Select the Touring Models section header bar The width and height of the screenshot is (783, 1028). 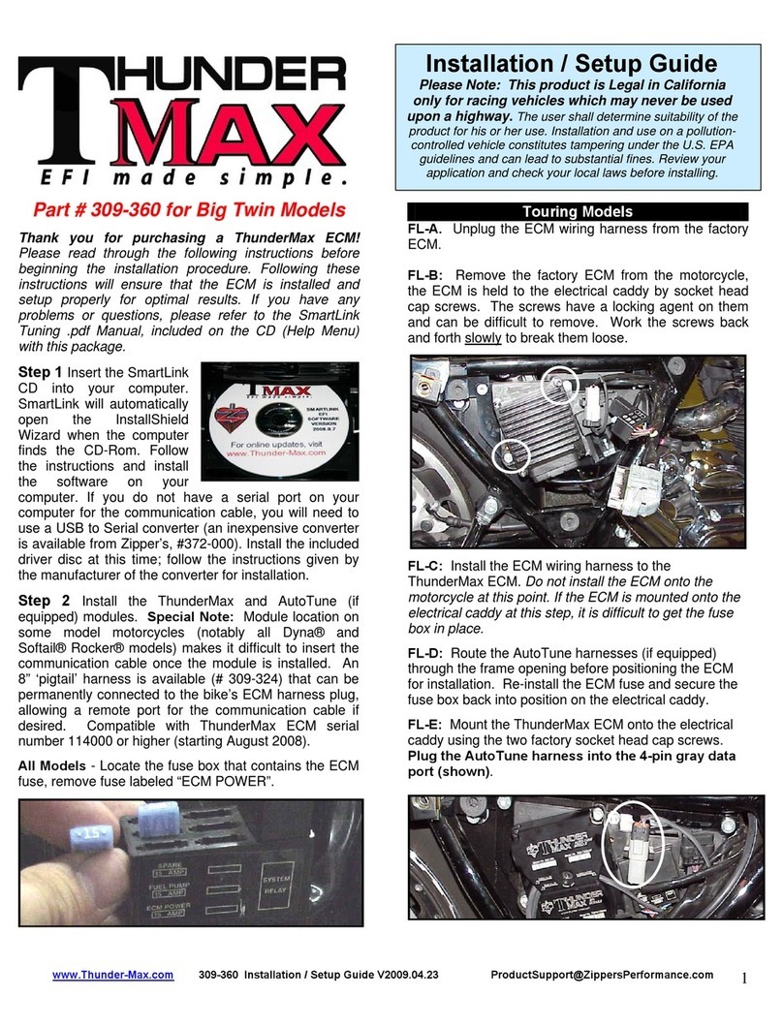[578, 211]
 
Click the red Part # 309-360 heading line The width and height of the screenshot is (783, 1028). [190, 209]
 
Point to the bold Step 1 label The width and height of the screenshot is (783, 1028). [42, 370]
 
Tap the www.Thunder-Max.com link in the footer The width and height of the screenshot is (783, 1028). [112, 975]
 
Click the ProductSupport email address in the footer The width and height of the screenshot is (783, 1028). [602, 975]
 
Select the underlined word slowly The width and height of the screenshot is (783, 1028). [482, 340]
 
